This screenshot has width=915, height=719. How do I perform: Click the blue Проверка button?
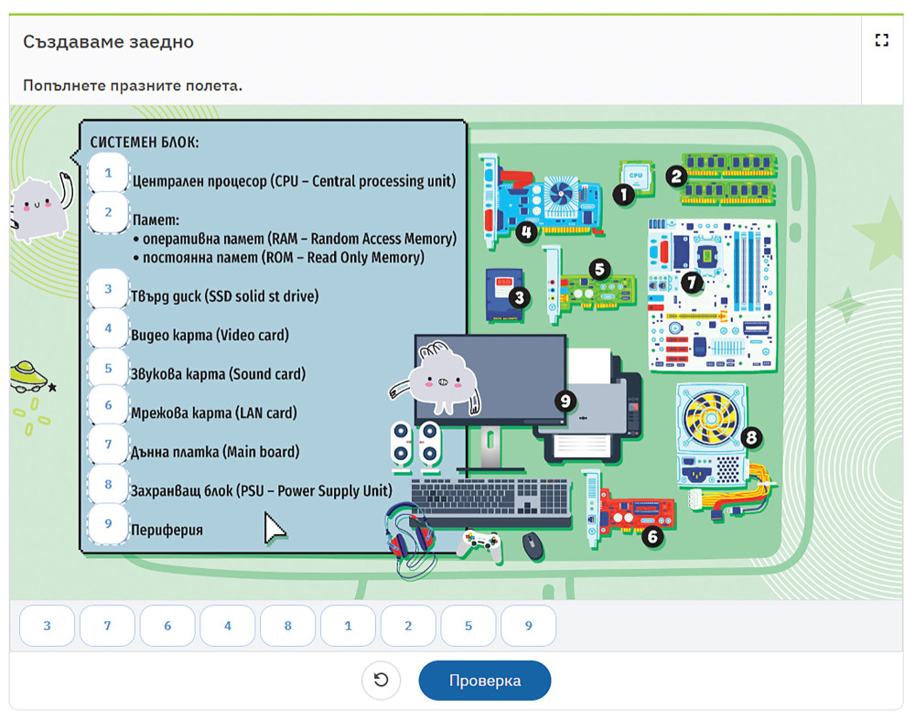tap(484, 681)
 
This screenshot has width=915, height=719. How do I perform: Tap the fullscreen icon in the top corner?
tap(882, 40)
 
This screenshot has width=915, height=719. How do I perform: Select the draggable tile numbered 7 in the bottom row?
tap(107, 626)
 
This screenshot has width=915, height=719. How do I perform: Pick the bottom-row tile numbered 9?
tap(528, 626)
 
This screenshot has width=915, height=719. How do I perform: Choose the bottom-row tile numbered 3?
tap(48, 626)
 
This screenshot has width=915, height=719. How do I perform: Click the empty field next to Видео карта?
tap(108, 328)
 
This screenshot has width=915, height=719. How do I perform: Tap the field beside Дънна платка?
tap(108, 445)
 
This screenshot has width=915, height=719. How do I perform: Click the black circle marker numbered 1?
tap(623, 194)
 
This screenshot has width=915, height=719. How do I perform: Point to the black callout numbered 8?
tap(751, 437)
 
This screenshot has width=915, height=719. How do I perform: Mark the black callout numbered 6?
tap(652, 536)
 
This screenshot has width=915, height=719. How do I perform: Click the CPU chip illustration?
tap(636, 177)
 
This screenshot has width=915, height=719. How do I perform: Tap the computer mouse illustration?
tap(533, 546)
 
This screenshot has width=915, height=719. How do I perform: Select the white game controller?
tap(479, 544)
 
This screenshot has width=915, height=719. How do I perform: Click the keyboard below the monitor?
tap(490, 499)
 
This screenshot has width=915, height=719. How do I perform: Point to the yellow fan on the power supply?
tap(711, 418)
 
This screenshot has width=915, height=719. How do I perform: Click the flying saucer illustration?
tap(27, 377)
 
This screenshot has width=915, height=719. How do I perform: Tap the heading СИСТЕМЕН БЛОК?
tap(145, 142)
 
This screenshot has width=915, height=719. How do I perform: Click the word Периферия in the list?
tap(167, 530)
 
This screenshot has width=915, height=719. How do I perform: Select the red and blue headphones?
tap(411, 534)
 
